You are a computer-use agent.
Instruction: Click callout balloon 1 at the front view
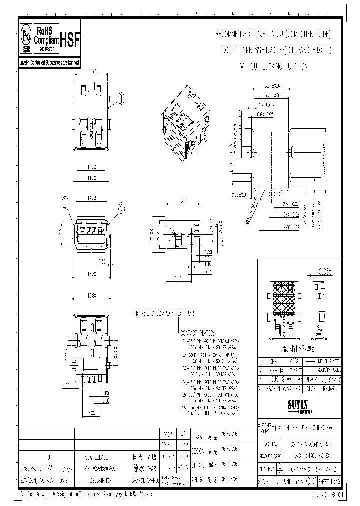(64, 202)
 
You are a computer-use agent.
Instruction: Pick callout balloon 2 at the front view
(121, 208)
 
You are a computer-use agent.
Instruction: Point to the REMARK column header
(330, 388)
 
